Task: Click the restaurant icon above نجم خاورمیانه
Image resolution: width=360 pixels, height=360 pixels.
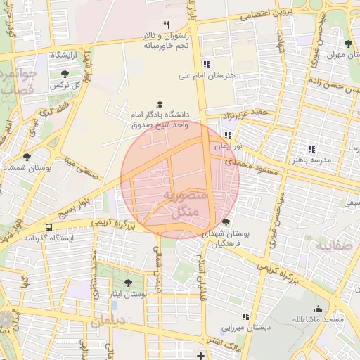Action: coord(166,25)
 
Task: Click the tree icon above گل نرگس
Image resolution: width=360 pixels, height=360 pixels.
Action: coord(65,73)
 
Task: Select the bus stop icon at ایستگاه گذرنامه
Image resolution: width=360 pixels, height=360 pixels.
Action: coord(48,227)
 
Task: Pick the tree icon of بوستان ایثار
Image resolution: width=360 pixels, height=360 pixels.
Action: coord(127,283)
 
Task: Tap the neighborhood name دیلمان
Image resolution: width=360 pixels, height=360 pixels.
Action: coord(106,321)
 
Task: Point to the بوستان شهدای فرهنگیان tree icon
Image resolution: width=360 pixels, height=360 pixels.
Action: coord(225,222)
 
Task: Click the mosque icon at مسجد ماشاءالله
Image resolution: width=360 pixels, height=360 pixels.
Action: coord(318,308)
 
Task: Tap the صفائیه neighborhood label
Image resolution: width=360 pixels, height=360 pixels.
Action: coord(332,247)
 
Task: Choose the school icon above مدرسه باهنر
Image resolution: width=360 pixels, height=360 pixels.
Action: coord(311,148)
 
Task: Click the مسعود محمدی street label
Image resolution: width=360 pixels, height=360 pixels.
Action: coord(247,169)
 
